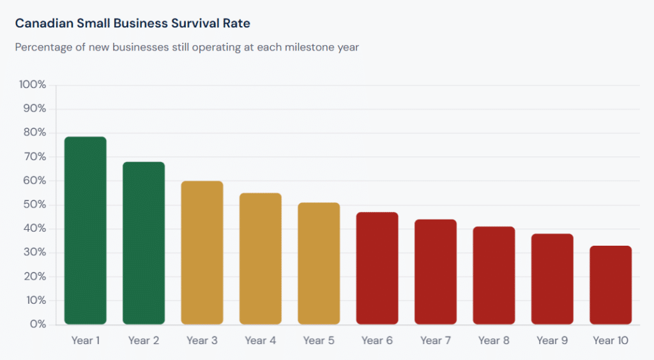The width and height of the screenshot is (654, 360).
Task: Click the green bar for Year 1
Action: point(86,230)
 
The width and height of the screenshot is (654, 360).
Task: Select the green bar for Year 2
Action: point(144,243)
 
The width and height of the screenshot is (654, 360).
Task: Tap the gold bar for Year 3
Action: point(202,253)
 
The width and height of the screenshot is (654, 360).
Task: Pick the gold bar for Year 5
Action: point(319,264)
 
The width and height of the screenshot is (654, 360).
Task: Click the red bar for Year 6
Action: point(377,268)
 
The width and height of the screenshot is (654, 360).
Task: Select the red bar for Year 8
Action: point(494,275)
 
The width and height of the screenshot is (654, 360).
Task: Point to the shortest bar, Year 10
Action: point(611,285)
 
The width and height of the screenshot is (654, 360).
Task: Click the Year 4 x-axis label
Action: point(260,341)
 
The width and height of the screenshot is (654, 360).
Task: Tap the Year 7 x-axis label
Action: point(436,341)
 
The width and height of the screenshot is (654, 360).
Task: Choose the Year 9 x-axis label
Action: point(552,341)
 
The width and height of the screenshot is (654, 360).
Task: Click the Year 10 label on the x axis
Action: point(611,341)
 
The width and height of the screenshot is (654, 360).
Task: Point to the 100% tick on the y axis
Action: point(33,85)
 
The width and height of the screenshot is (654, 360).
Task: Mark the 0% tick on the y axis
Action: point(38,324)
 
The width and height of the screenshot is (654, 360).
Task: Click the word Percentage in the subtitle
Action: point(42,48)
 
